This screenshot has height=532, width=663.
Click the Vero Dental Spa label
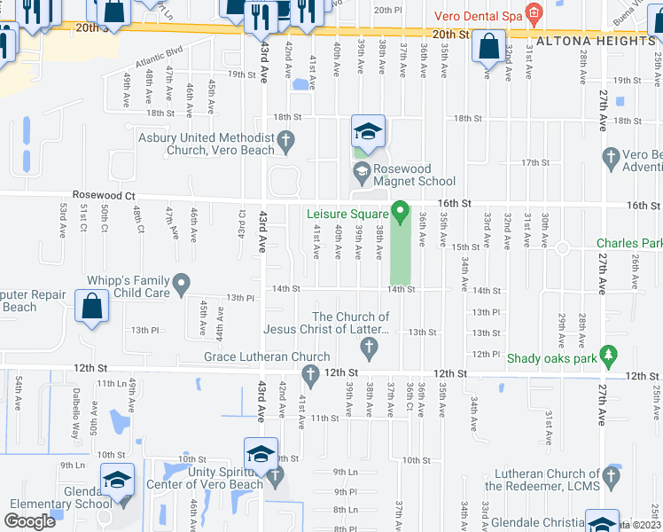pos(477,16)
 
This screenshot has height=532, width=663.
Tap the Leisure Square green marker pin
pos(400,213)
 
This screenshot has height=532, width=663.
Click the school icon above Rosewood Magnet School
pos(368,132)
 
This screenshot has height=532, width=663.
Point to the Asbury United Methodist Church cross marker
pos(285,139)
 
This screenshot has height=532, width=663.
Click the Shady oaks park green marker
pos(608,356)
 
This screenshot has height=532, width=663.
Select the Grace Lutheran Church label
pos(254,356)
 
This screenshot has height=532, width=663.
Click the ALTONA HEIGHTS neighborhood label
pos(595,41)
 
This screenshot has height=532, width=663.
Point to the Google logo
pos(30,520)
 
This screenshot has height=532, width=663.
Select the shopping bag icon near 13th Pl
pos(92,308)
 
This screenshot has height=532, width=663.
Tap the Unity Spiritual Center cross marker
pos(276,476)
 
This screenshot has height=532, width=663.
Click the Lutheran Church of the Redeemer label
pos(542,480)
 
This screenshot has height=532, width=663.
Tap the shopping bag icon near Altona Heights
pos(488,46)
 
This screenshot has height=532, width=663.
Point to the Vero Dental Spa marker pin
pos(533,13)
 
